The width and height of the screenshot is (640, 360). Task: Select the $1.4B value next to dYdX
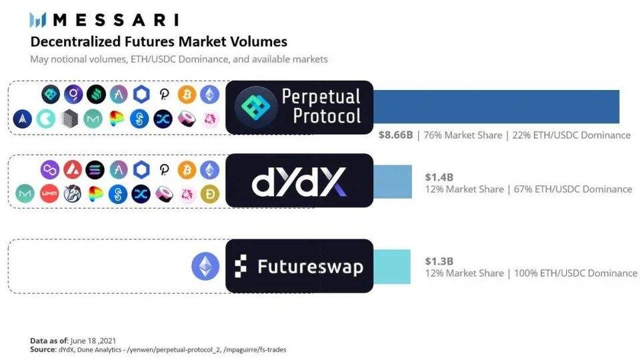(440, 177)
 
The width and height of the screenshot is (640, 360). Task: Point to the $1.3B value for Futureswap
(440, 261)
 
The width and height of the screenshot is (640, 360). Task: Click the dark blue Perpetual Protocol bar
(496, 107)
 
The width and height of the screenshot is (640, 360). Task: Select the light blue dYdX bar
(393, 181)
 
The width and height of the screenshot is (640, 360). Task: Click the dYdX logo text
(299, 182)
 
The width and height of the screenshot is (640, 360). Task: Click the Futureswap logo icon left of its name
(241, 267)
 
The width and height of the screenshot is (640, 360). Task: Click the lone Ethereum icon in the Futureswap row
(205, 266)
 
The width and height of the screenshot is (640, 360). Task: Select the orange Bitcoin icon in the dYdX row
(187, 170)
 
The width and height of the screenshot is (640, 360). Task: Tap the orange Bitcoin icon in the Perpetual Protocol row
(187, 95)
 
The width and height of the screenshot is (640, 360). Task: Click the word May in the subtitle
(40, 59)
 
